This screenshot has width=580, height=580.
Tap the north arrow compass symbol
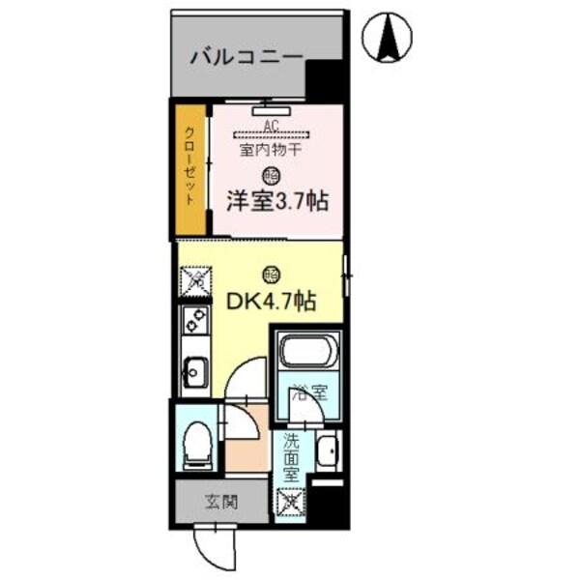coord(391,39)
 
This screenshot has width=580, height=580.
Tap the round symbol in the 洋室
coord(271,175)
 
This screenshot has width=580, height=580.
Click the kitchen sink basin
coord(195,369)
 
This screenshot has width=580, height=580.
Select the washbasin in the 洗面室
coord(329,449)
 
